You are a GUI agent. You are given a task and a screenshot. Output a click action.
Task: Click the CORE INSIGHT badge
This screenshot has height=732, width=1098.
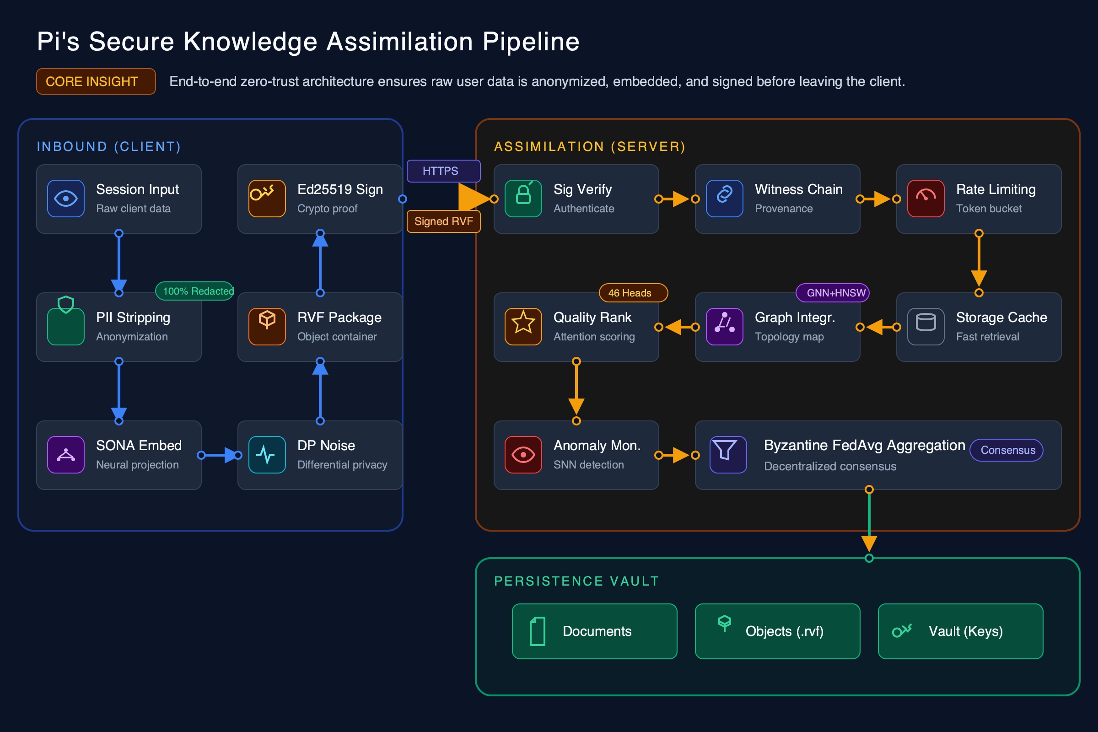pyautogui.click(x=96, y=82)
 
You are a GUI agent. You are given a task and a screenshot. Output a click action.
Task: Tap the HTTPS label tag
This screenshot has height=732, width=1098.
pyautogui.click(x=443, y=171)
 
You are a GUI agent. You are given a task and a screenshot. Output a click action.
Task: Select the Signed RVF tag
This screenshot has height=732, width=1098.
pyautogui.click(x=443, y=221)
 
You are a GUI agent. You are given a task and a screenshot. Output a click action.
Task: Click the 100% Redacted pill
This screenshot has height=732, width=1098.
pyautogui.click(x=195, y=291)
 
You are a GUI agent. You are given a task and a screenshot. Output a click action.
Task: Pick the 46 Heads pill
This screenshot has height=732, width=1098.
pyautogui.click(x=633, y=293)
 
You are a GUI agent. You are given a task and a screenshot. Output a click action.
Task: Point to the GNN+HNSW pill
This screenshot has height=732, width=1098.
pyautogui.click(x=832, y=293)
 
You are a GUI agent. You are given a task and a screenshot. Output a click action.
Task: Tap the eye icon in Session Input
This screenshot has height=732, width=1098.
pyautogui.click(x=66, y=199)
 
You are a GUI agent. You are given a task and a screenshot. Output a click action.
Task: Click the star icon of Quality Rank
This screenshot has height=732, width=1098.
pyautogui.click(x=523, y=326)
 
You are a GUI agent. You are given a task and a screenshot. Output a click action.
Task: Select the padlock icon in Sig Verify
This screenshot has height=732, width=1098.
pyautogui.click(x=523, y=199)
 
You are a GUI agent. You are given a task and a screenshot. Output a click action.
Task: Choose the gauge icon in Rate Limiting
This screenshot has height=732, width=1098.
pyautogui.click(x=925, y=199)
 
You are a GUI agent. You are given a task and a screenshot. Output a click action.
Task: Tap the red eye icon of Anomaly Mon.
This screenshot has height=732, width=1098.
pyautogui.click(x=523, y=454)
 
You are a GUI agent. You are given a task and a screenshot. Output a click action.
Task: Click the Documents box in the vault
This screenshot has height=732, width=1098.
pyautogui.click(x=594, y=631)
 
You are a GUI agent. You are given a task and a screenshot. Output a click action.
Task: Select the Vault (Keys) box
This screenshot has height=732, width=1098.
pyautogui.click(x=960, y=631)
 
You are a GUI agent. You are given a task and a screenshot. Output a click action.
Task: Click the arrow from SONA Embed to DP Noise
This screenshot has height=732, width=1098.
pyautogui.click(x=220, y=455)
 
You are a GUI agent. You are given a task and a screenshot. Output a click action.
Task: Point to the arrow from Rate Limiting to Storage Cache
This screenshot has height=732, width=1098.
pyautogui.click(x=979, y=263)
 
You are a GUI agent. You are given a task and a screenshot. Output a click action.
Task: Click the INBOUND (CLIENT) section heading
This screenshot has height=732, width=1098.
pyautogui.click(x=109, y=146)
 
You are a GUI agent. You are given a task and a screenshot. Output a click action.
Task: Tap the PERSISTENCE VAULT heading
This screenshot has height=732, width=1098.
pyautogui.click(x=576, y=581)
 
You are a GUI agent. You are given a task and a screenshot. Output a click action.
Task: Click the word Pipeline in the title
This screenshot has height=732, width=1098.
pyautogui.click(x=530, y=42)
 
